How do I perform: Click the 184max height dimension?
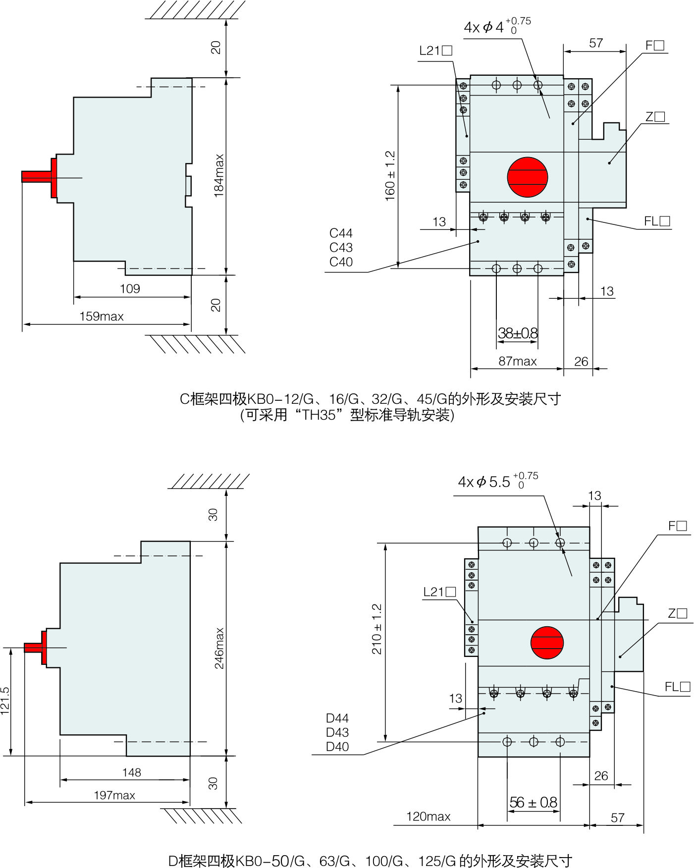[x=219, y=176]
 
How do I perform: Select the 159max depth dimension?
[x=102, y=316]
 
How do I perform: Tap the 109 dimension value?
[x=130, y=288]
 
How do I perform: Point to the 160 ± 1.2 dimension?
[x=390, y=176]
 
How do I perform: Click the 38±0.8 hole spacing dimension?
[x=518, y=333]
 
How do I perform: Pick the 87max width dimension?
[x=517, y=361]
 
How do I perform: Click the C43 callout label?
[x=341, y=247]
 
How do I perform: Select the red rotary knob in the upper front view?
[x=528, y=177]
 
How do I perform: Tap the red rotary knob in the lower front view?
[x=547, y=643]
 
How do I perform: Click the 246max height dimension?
[x=219, y=648]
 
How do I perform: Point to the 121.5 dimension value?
[x=5, y=701]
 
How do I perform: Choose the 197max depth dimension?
[x=114, y=795]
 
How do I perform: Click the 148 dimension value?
[x=132, y=772]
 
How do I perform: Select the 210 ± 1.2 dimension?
[x=377, y=629]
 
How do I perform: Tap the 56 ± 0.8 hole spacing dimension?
[x=533, y=802]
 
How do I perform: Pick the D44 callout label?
[x=337, y=718]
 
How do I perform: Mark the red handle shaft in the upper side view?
[x=36, y=176]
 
